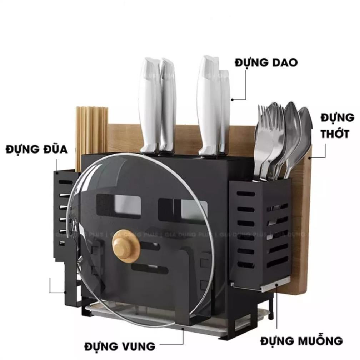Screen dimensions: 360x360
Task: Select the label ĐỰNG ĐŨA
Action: (36, 149)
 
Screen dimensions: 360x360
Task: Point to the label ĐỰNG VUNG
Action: (120, 346)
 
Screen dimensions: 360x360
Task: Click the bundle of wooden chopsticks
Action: (91, 132)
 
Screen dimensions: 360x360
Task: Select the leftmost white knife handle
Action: (149, 104)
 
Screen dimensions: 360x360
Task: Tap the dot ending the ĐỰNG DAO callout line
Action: (232, 99)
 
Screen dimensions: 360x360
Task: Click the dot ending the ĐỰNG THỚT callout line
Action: (308, 157)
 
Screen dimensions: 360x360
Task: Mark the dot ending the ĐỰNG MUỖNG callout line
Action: (277, 285)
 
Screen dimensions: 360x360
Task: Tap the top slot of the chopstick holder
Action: (66, 182)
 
